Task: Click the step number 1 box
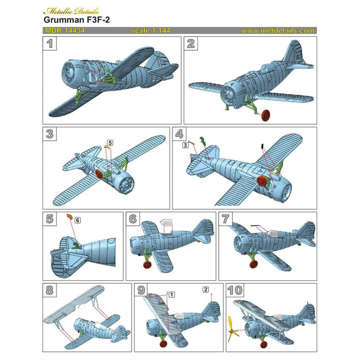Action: (50, 44)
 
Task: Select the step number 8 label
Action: (50, 291)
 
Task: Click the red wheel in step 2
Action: (266, 114)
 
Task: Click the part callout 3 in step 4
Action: (185, 147)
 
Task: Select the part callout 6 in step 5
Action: (77, 220)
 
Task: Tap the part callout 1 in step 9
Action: (171, 294)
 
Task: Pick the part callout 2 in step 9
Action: (206, 289)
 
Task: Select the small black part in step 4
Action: (262, 146)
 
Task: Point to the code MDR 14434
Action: (64, 31)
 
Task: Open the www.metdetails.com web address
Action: (278, 31)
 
